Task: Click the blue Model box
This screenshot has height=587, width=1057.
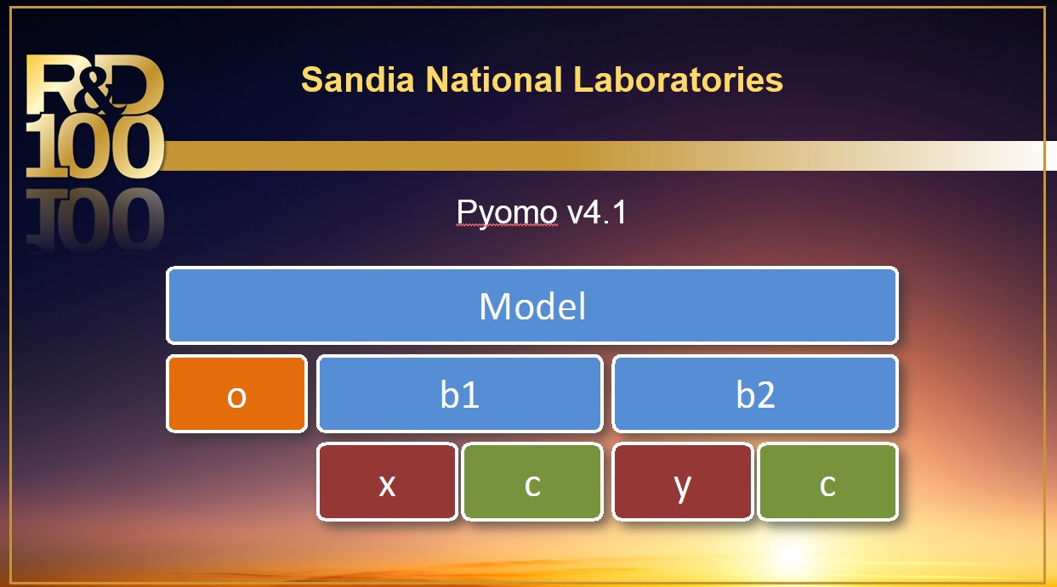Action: (531, 306)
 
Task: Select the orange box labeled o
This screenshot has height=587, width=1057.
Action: (236, 394)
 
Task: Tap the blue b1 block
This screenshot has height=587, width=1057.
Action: (459, 394)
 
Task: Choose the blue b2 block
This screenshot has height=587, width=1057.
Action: (754, 394)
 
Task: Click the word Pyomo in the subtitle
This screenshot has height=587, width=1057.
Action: (507, 212)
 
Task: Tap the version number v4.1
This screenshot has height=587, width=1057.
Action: (597, 212)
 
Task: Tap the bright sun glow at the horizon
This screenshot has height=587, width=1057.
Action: (791, 556)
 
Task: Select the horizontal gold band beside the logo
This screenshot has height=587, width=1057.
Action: (595, 155)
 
